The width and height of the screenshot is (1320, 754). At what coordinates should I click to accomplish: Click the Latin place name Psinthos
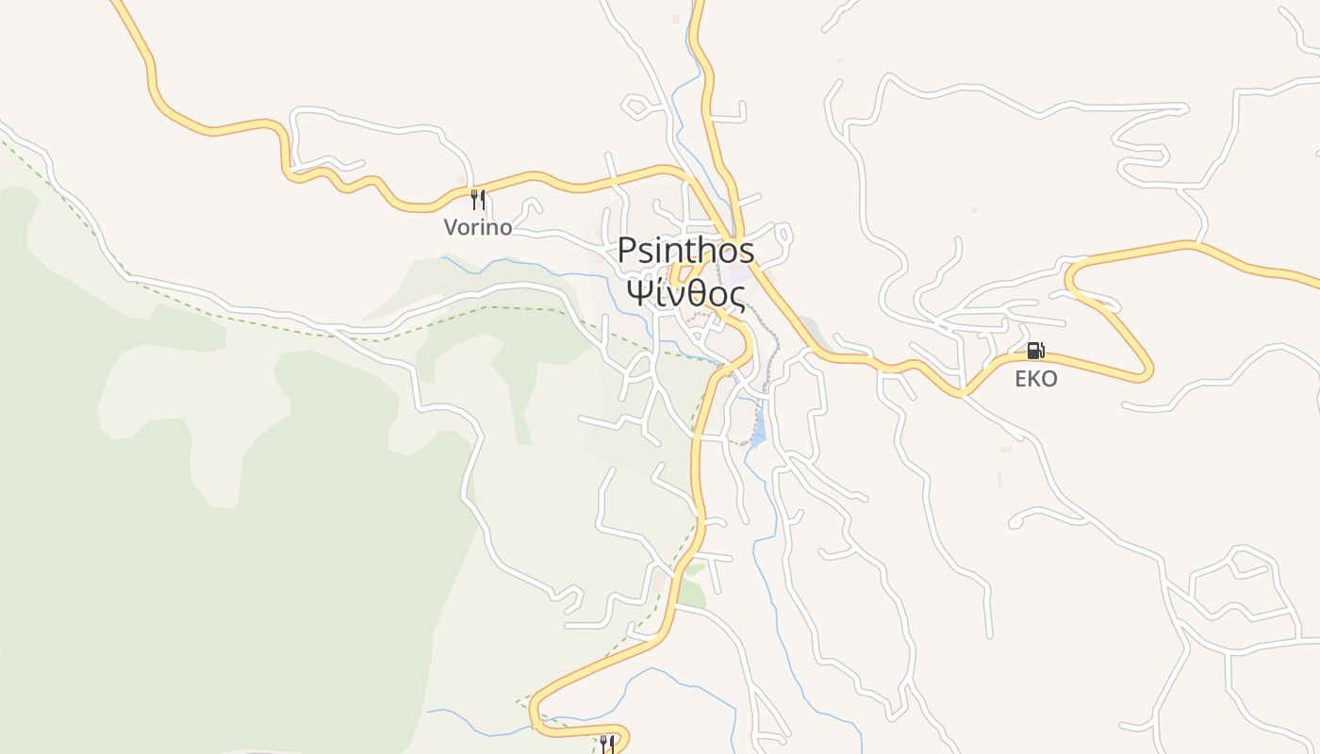click(x=685, y=251)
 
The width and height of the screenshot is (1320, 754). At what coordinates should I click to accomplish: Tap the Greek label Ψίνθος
click(x=685, y=294)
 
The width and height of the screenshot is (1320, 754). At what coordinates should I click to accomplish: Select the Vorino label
click(x=478, y=227)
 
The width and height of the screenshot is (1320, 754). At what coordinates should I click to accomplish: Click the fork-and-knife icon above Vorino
click(x=478, y=199)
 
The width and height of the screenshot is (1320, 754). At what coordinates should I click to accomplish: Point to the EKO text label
click(x=1035, y=379)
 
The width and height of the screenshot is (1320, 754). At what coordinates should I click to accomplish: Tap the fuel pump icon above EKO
click(x=1035, y=351)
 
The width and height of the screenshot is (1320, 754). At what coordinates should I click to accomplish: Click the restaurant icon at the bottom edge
click(x=608, y=745)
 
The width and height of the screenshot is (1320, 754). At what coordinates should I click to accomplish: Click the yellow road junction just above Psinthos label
click(x=735, y=235)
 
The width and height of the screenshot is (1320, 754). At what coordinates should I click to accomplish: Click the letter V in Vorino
click(x=451, y=227)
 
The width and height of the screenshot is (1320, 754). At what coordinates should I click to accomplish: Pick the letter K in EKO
click(x=1035, y=379)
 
